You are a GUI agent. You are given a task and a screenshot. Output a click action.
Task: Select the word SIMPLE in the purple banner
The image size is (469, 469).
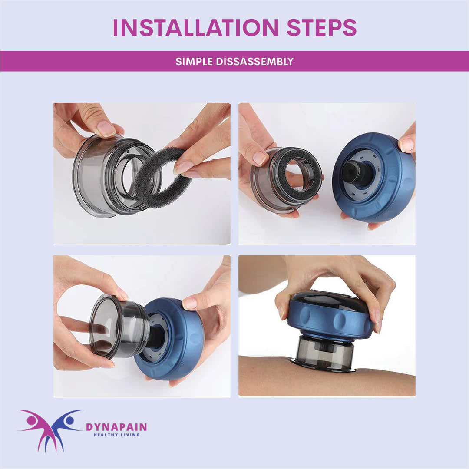pyautogui.click(x=194, y=61)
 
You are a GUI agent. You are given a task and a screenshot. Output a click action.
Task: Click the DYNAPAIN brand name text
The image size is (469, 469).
pyautogui.click(x=116, y=427)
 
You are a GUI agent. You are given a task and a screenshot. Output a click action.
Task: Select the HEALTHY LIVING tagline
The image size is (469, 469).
pyautogui.click(x=116, y=435)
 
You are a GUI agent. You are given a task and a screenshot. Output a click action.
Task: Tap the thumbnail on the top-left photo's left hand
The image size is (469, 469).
pyautogui.click(x=106, y=129)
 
